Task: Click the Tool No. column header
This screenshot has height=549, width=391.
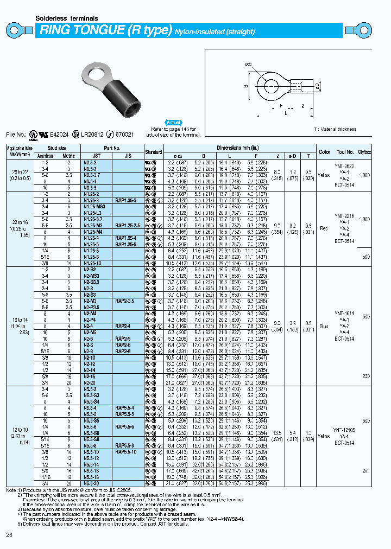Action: pyautogui.click(x=345, y=152)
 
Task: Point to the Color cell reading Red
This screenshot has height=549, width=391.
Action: pyautogui.click(x=325, y=228)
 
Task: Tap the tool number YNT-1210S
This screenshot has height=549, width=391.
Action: pyautogui.click(x=344, y=428)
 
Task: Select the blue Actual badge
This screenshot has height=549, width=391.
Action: pyautogui.click(x=173, y=123)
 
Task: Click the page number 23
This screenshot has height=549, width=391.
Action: pyautogui.click(x=9, y=536)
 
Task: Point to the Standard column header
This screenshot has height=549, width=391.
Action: pyautogui.click(x=154, y=152)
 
